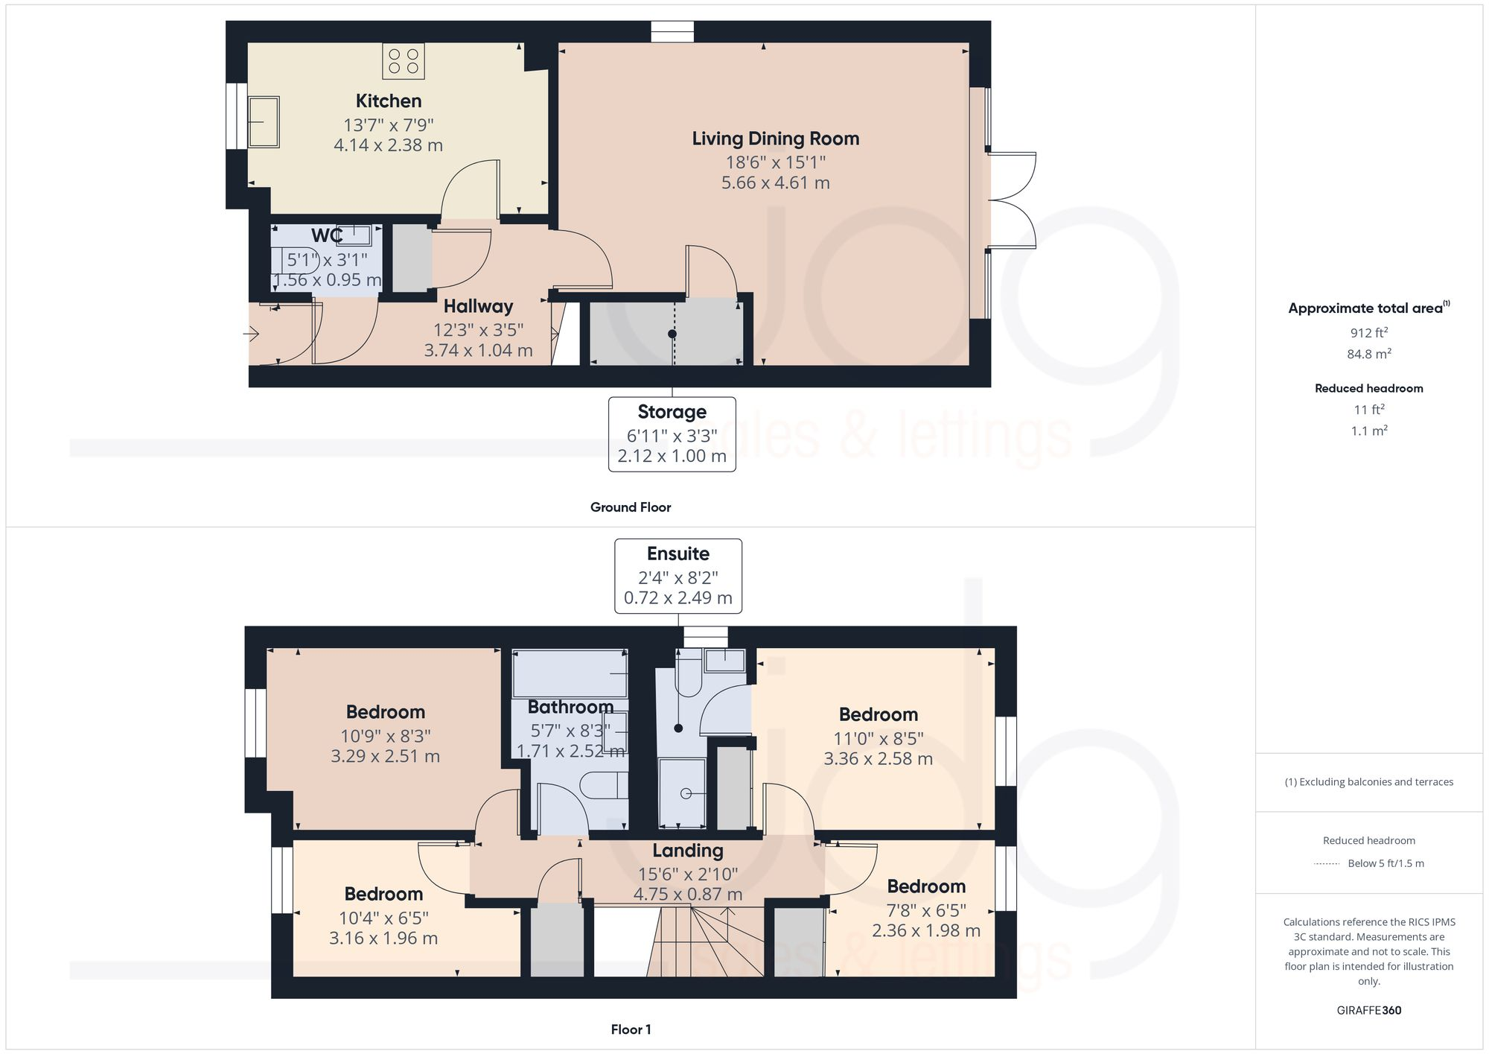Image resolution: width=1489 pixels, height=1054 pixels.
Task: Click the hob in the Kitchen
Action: tap(404, 61)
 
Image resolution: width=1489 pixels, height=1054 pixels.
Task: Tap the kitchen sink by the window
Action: tap(263, 121)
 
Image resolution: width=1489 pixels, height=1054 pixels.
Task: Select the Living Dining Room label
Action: tap(775, 139)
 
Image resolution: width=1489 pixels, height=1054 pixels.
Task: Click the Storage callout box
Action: tap(672, 434)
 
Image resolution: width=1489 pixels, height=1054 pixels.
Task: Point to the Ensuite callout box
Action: tap(677, 576)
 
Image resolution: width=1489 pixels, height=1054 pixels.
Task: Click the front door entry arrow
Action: tap(251, 334)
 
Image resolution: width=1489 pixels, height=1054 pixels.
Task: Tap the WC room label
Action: tap(326, 235)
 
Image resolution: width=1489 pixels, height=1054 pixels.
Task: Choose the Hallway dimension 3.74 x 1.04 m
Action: tap(478, 350)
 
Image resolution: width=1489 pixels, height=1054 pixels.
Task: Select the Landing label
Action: tap(687, 851)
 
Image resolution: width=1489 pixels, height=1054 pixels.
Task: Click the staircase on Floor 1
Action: tap(707, 942)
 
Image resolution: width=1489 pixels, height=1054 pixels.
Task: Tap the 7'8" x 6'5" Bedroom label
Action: tap(925, 886)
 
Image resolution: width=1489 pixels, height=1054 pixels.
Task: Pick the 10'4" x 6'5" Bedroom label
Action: tap(383, 894)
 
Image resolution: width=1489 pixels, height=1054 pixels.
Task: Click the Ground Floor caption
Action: tap(630, 507)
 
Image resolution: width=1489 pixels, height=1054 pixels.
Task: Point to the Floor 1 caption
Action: tap(630, 1029)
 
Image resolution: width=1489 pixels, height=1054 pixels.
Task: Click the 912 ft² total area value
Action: tap(1368, 333)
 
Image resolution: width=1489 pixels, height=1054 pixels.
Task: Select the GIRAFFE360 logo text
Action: tap(1368, 1010)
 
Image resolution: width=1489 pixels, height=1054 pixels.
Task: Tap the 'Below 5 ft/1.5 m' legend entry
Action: tap(1385, 863)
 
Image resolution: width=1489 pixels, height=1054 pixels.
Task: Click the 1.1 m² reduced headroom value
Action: tap(1368, 431)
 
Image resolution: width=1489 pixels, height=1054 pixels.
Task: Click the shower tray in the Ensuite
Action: tap(682, 793)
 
